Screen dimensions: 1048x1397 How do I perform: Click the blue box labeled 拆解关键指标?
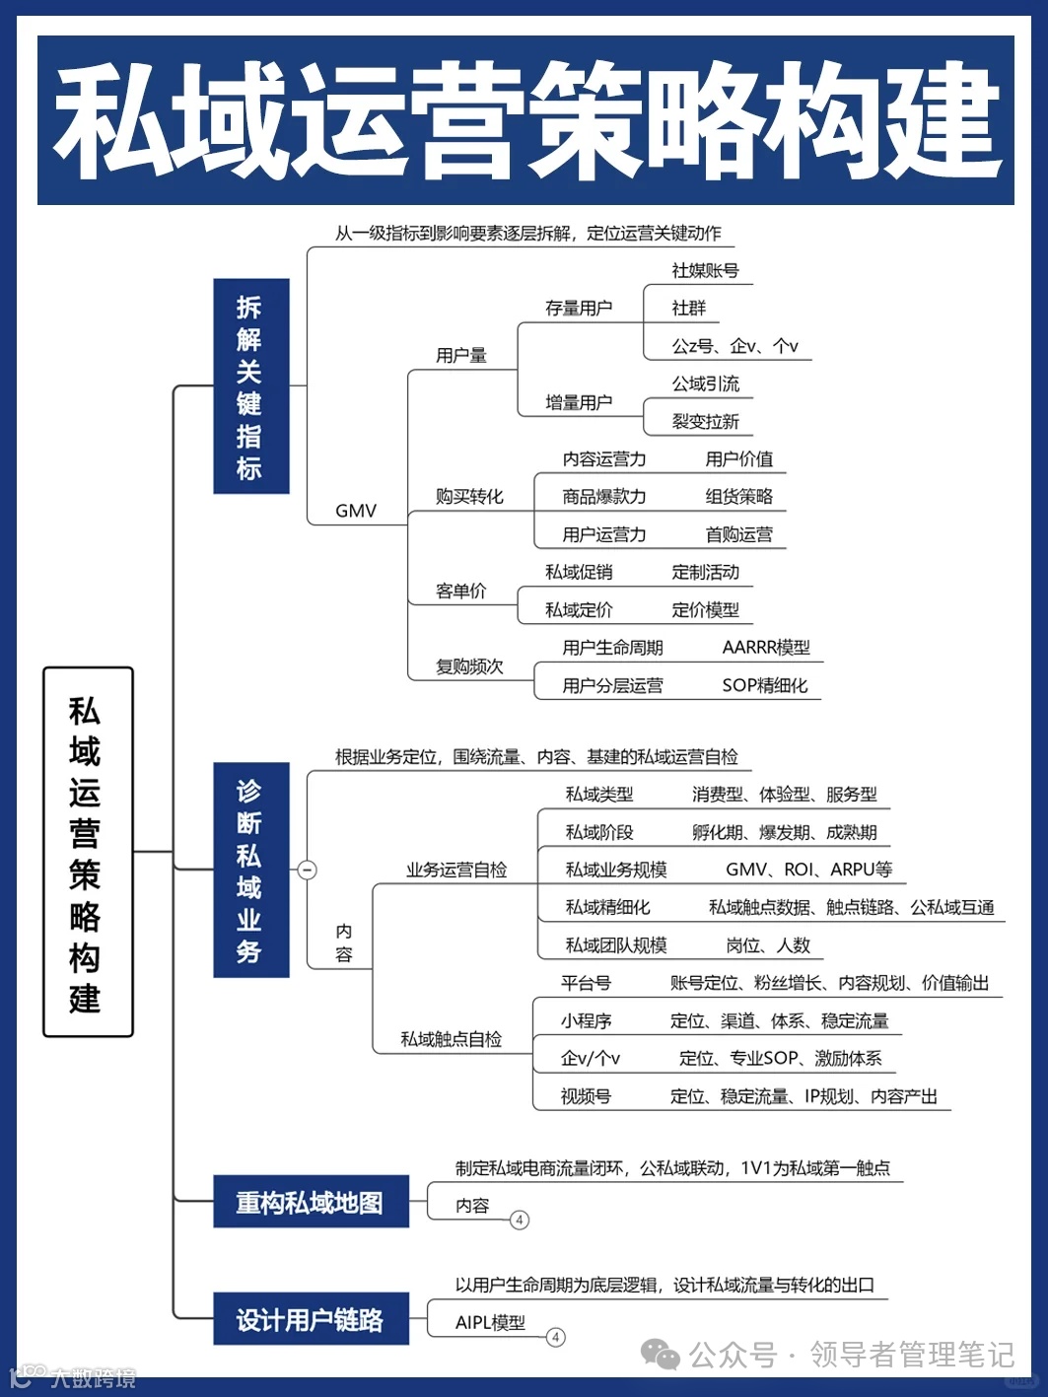coord(250,385)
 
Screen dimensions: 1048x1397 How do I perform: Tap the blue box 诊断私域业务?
coord(250,870)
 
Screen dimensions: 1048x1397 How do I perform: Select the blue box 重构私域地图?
coord(311,1202)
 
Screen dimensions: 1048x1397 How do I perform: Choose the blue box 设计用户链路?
coord(311,1319)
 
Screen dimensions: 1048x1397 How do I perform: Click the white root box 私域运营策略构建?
coord(87,852)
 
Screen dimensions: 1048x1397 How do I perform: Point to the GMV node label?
coord(356,511)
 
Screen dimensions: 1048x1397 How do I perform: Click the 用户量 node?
coord(461,355)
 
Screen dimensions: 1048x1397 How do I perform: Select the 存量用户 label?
coord(579,308)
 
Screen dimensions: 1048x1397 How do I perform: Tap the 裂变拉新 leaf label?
coord(705,421)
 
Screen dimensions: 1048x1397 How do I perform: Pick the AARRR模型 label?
coord(766,647)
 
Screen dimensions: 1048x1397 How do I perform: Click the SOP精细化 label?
coord(764,685)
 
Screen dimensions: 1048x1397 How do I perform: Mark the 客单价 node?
coord(461,591)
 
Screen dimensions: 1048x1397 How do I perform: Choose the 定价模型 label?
coord(705,609)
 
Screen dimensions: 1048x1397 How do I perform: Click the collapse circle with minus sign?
coord(308,870)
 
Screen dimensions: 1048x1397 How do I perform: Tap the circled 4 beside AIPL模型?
coord(556,1337)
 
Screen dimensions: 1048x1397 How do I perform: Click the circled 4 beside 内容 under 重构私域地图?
coord(520,1220)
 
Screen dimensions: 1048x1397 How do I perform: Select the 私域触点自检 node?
coord(451,1039)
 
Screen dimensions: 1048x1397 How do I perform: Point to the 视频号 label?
coord(586,1095)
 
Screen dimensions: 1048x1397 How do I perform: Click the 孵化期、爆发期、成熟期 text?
coord(784,832)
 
